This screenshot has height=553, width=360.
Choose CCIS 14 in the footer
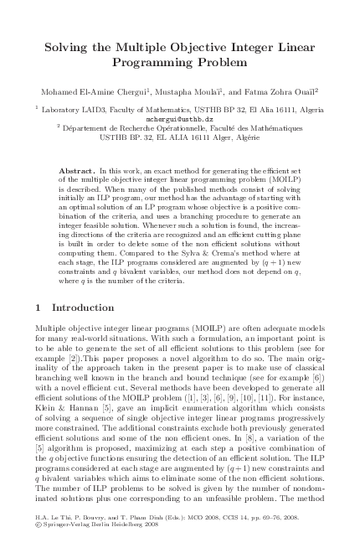(x=223, y=530)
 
